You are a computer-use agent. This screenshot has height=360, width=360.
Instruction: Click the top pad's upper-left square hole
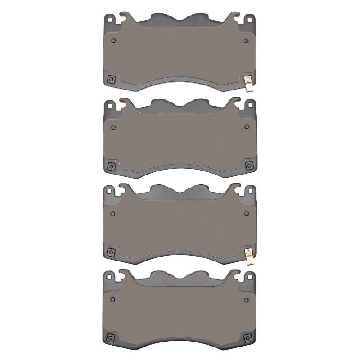109,19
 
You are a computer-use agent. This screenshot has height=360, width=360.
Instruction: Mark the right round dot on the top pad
246,40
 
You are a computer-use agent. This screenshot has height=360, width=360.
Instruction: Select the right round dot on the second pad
246,126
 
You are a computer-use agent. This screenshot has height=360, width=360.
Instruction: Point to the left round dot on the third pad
112,213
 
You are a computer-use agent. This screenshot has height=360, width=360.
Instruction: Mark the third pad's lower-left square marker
111,252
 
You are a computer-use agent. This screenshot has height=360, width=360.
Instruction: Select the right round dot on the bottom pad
246,298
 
